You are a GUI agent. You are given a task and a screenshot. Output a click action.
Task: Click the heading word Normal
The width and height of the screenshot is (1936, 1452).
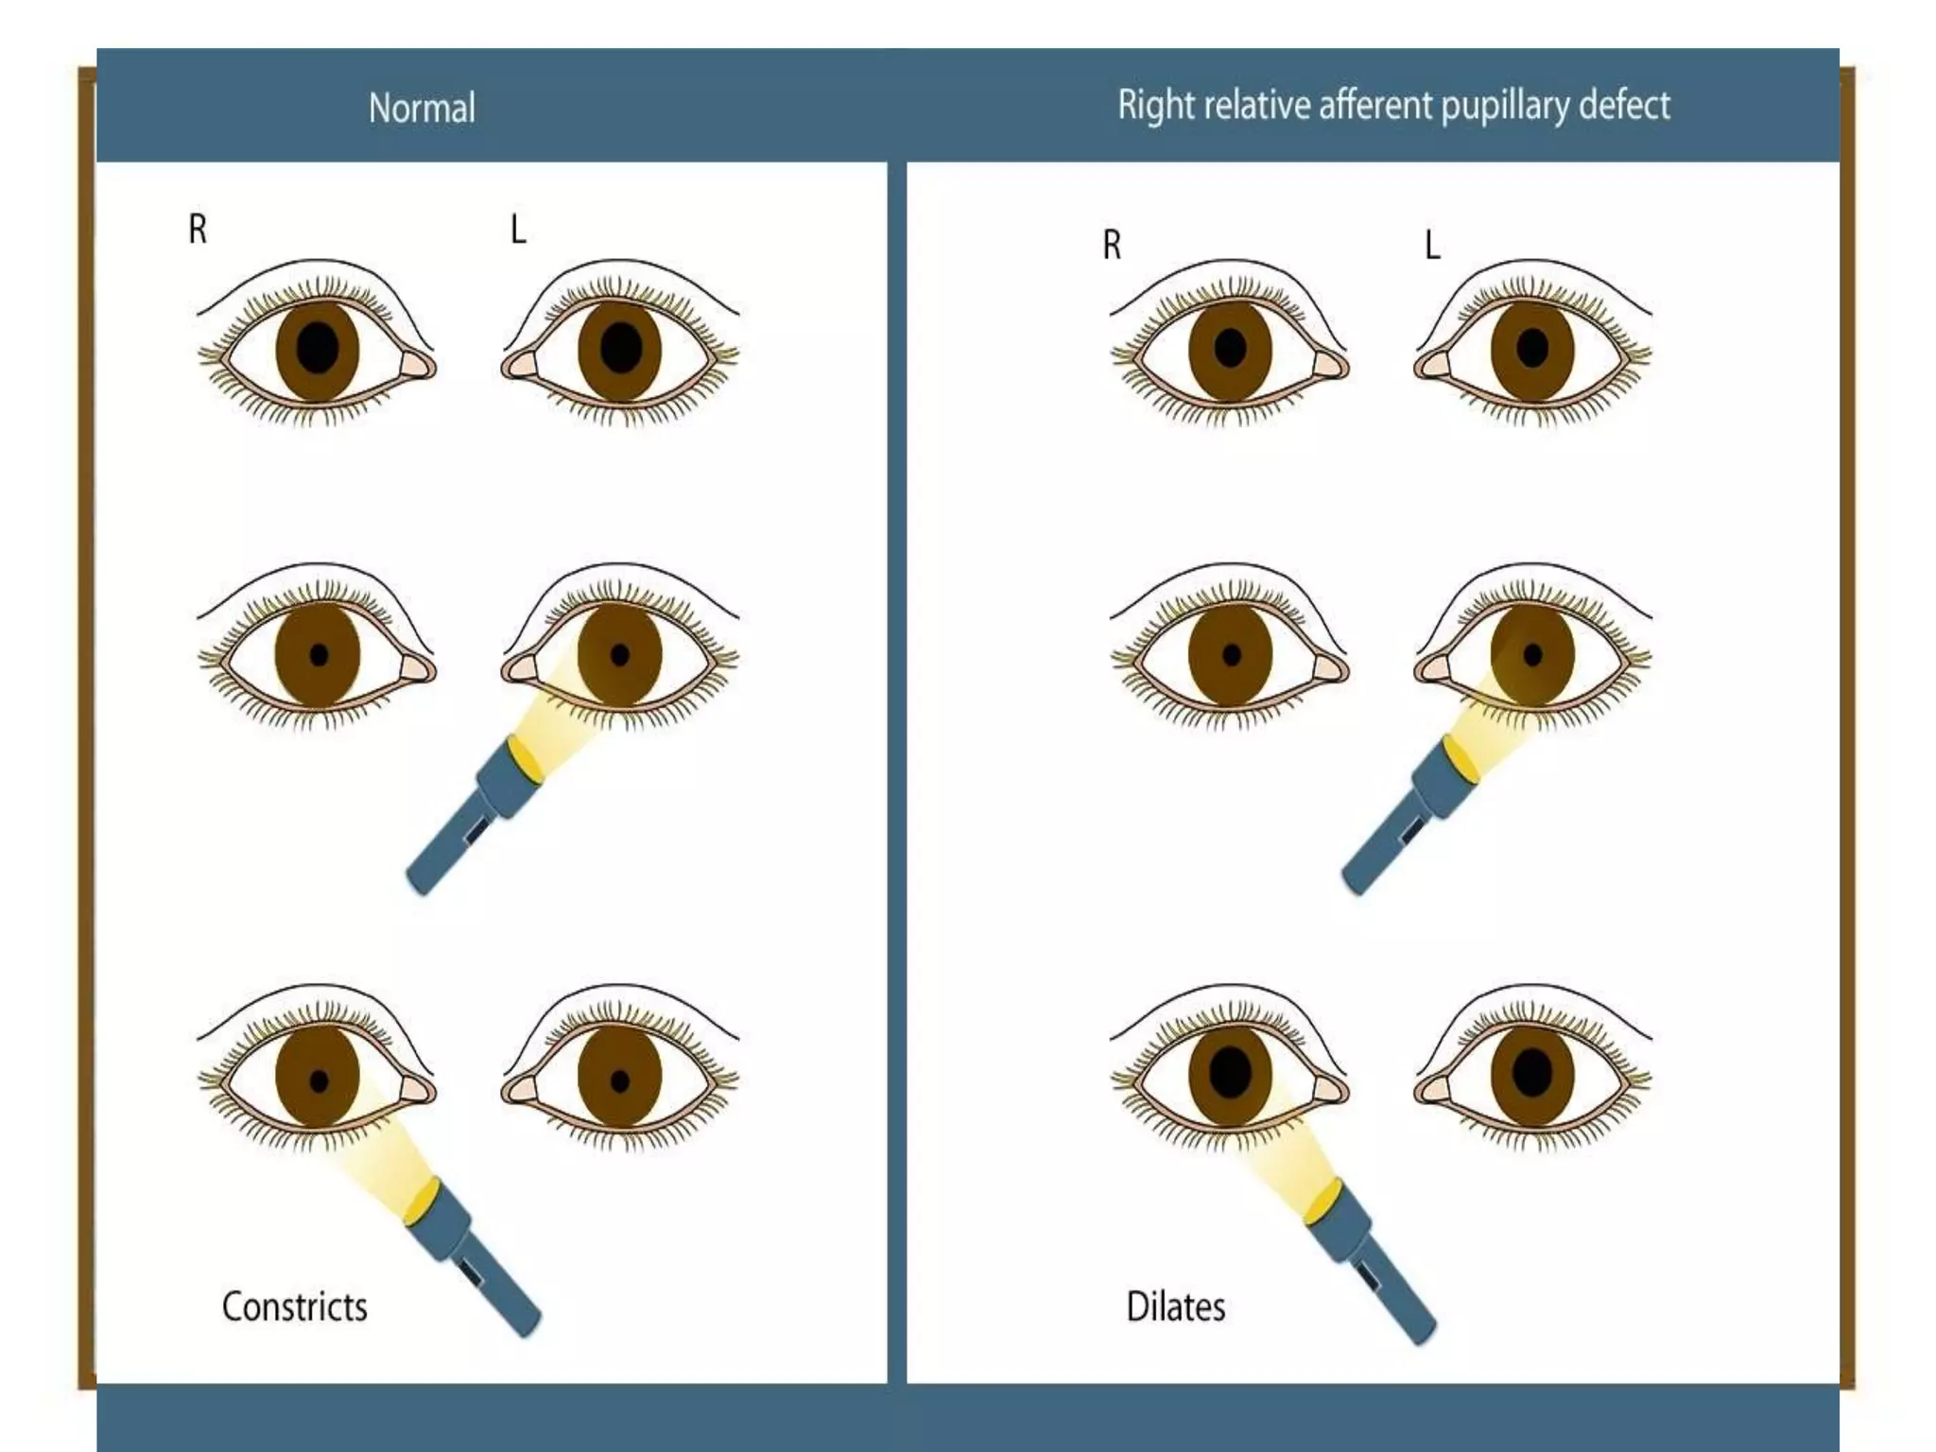422,108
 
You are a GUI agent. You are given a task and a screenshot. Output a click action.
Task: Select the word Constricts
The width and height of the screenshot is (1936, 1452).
294,1306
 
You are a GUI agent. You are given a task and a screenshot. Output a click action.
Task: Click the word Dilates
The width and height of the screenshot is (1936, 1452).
1175,1306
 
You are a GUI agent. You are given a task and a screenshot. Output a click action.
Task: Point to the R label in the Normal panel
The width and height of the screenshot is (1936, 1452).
198,229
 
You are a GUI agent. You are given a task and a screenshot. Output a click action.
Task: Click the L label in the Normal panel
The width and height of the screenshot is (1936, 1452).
518,229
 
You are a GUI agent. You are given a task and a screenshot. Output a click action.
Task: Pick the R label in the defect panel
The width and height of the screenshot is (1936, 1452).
1112,245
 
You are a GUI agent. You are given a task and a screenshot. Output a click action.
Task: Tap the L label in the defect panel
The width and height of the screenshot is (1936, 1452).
1432,246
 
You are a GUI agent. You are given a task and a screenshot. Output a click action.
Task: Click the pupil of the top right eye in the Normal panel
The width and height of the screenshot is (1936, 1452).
621,348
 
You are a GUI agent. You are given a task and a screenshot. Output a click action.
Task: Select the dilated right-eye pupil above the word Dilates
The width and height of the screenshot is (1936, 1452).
1231,1073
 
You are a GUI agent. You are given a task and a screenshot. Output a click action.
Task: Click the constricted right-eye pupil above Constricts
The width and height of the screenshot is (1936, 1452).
320,1081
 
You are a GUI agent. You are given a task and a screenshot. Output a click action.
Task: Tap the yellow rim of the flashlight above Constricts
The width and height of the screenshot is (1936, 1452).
422,1199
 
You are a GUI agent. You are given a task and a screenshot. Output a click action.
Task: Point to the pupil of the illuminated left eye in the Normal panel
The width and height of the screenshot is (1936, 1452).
620,654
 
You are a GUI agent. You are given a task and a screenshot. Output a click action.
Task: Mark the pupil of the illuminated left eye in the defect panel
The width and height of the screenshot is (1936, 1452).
1533,654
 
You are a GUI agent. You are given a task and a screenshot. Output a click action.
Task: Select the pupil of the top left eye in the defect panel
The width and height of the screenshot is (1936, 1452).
1532,349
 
